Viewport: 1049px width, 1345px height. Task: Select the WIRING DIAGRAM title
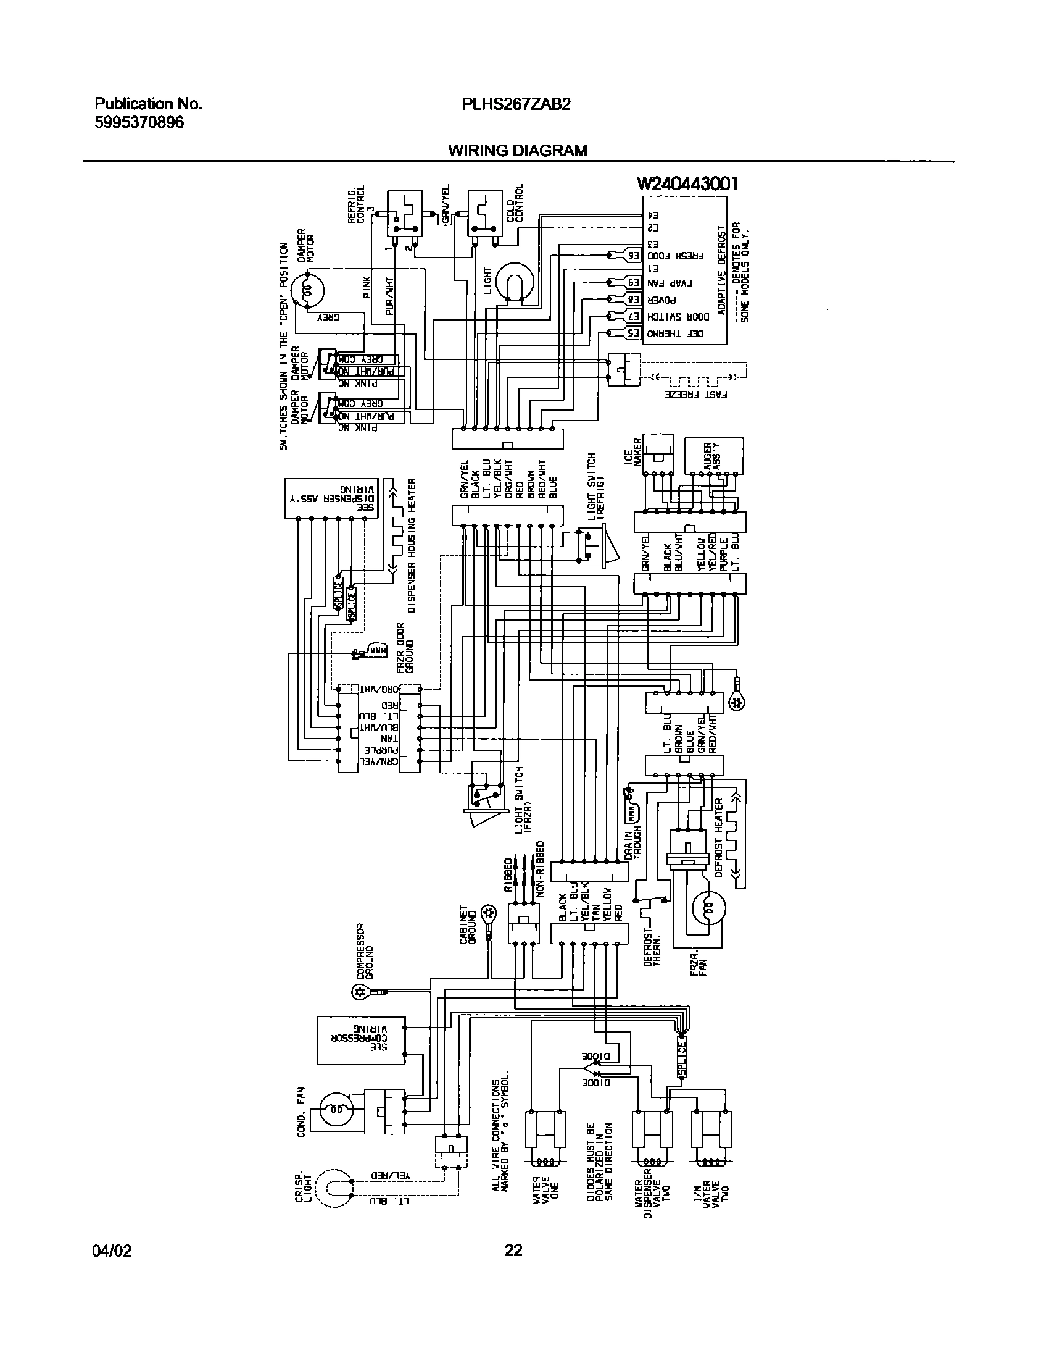pyautogui.click(x=517, y=151)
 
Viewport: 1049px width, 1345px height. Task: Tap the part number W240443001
pyautogui.click(x=687, y=183)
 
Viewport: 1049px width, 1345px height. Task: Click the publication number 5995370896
pyautogui.click(x=139, y=122)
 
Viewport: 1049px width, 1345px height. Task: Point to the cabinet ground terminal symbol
pyautogui.click(x=489, y=913)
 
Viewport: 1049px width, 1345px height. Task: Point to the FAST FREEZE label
pyautogui.click(x=695, y=393)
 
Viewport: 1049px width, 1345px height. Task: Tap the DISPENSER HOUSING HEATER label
pyautogui.click(x=412, y=545)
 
